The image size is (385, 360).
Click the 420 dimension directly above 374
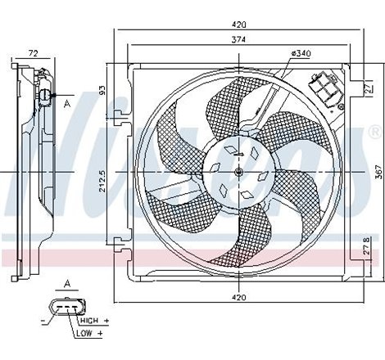tap(238, 25)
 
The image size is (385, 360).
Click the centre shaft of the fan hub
tap(238, 171)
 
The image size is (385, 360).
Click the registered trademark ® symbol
tap(374, 131)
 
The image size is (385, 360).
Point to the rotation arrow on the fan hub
tap(238, 151)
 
